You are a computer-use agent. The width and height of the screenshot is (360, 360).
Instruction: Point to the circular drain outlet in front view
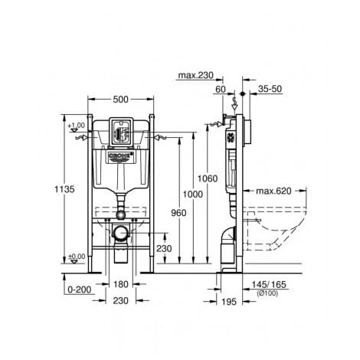point(119,231)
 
